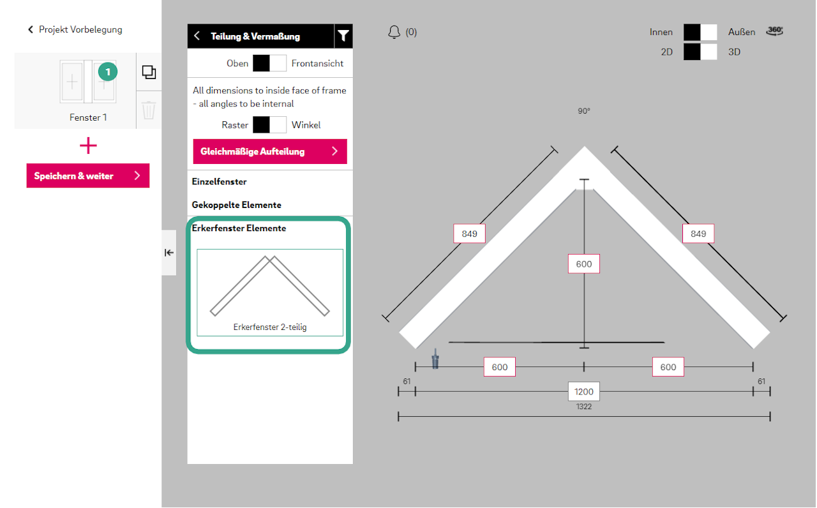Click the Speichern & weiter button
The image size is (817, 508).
88,176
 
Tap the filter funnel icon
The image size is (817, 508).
343,36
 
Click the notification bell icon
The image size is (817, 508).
394,32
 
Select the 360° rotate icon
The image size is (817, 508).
774,31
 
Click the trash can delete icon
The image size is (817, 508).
149,110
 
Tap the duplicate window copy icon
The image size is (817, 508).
149,72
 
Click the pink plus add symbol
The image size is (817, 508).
88,146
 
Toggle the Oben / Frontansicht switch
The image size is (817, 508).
269,63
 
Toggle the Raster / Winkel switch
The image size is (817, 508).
269,124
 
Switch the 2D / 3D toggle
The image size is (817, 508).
700,52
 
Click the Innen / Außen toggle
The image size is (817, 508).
700,32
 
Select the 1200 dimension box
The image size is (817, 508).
583,391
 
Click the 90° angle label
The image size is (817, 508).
583,111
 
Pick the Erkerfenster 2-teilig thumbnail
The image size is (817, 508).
270,292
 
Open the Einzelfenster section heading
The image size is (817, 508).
219,182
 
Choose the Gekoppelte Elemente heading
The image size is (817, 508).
236,205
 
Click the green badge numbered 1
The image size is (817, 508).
108,72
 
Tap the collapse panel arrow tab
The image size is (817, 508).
169,252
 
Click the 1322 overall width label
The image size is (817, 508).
583,407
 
